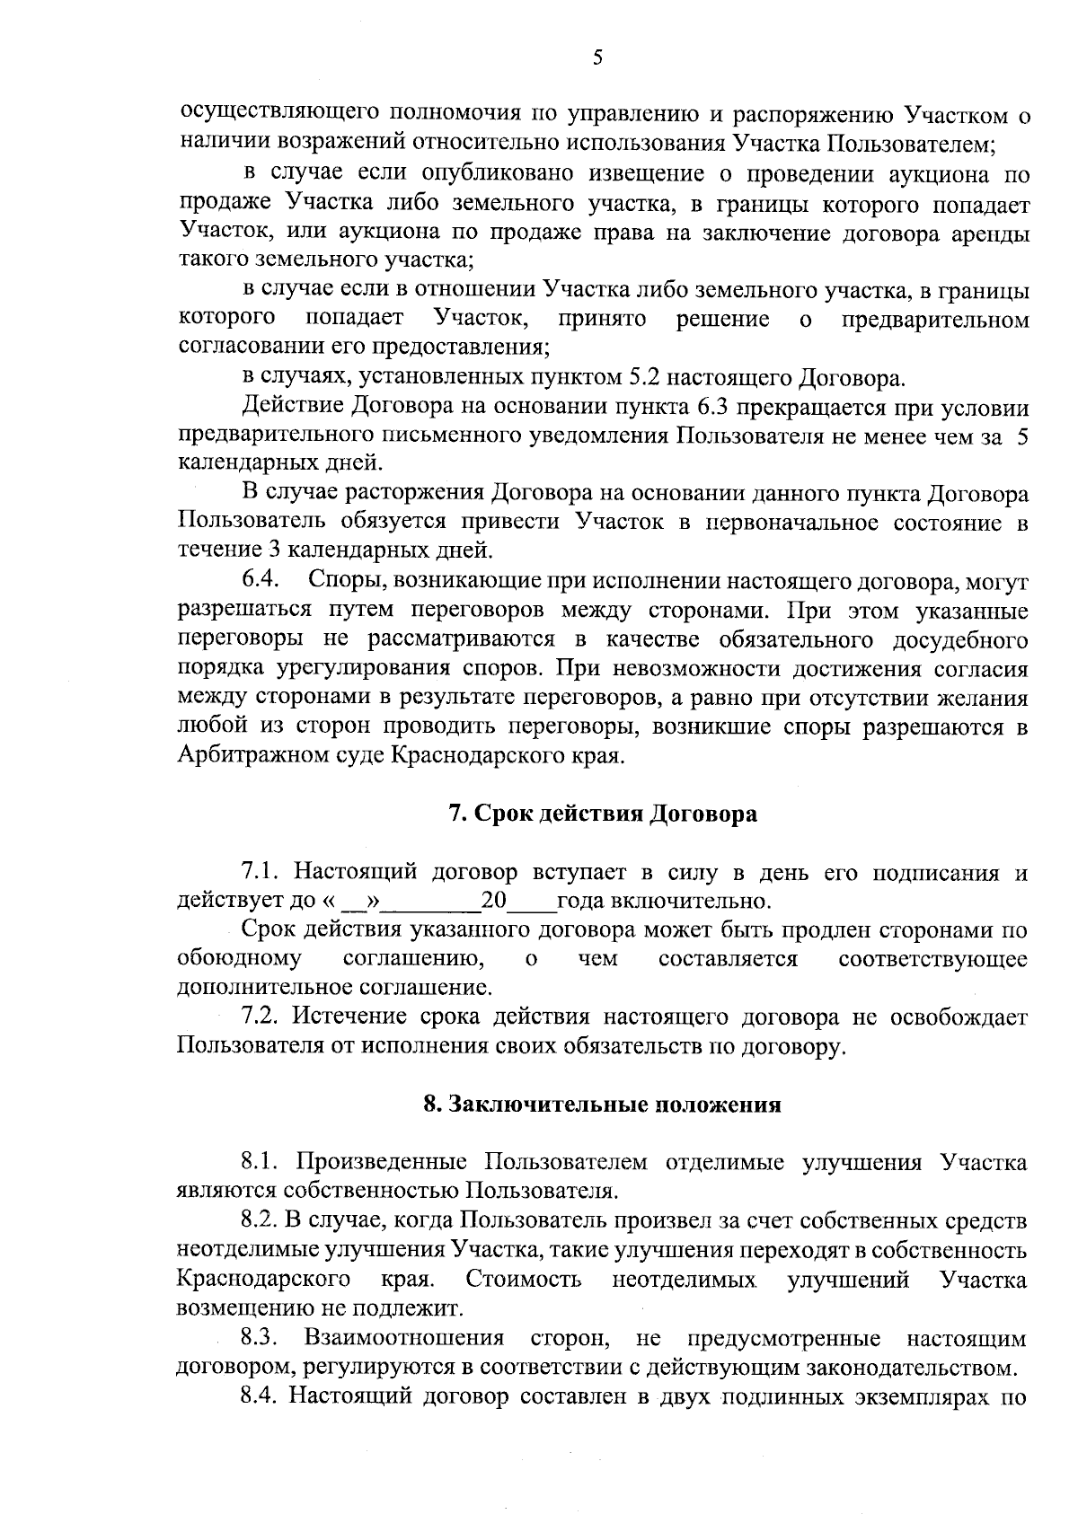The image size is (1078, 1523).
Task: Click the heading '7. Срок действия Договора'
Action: click(602, 814)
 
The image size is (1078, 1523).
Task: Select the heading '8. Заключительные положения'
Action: click(602, 1104)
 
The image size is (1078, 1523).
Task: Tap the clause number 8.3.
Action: click(261, 1338)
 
